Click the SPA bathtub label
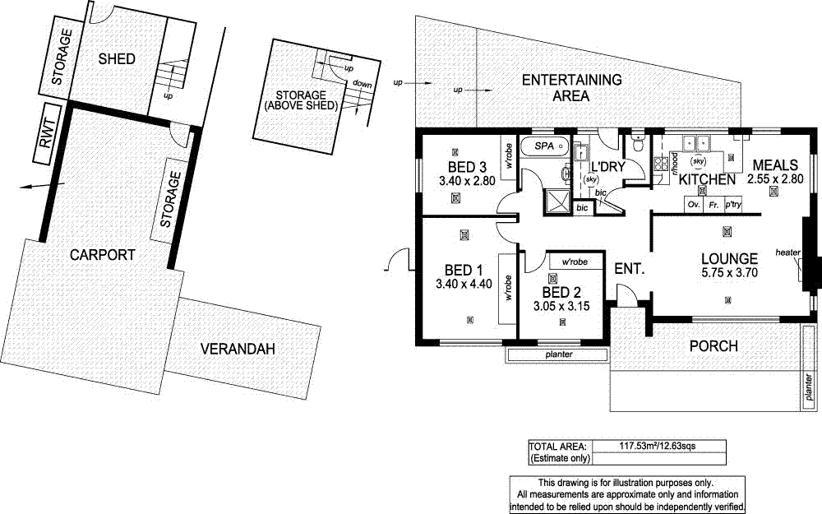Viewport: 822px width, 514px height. (545, 146)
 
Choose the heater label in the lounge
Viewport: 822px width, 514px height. (787, 252)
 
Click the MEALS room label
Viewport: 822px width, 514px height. (774, 164)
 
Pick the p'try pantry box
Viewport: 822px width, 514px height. (732, 203)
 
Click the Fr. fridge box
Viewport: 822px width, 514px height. (713, 203)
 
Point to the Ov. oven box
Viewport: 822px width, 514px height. (693, 203)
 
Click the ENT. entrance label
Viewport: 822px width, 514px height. (629, 268)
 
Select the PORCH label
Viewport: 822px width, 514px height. (713, 346)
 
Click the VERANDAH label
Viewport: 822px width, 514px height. (238, 350)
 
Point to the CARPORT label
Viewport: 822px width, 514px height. (102, 255)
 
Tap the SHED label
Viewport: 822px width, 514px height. (116, 58)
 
